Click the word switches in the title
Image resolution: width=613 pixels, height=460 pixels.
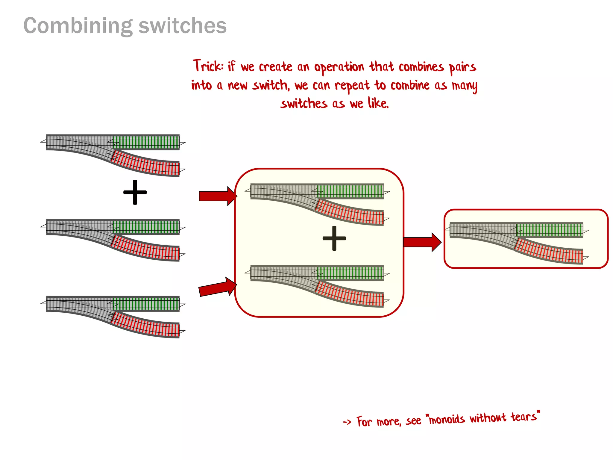tap(182, 26)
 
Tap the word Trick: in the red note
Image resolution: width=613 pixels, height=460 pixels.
tap(208, 66)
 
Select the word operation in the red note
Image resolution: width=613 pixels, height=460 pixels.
tap(339, 67)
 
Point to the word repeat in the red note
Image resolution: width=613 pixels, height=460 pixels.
tap(352, 86)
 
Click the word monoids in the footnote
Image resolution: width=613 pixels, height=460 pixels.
tap(447, 419)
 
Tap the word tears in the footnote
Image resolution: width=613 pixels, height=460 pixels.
tap(524, 417)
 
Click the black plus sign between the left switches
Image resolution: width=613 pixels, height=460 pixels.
tap(135, 192)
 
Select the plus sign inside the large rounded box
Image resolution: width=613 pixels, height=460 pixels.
tap(334, 238)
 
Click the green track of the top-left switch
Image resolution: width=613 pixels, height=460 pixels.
tap(146, 142)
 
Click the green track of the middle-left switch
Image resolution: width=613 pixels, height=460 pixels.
tap(146, 227)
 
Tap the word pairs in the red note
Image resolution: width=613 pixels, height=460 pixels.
tap(462, 67)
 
